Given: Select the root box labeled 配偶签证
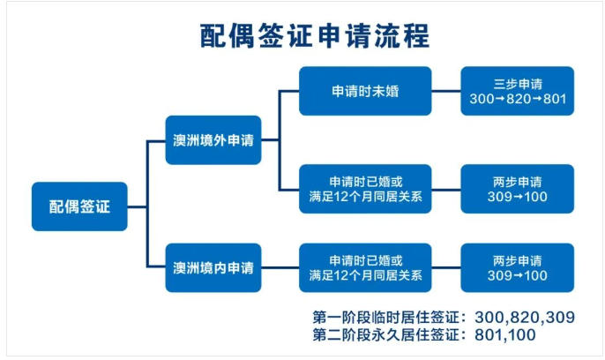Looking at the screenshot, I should click(x=80, y=206).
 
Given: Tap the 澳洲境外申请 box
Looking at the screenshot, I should click(x=213, y=139).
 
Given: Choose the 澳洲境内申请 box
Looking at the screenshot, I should click(x=213, y=266).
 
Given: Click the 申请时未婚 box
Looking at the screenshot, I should click(x=365, y=91).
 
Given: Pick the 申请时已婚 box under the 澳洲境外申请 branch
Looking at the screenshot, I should click(x=365, y=188).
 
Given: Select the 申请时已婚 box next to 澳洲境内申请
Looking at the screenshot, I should click(x=365, y=267).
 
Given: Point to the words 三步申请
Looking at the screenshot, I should click(x=517, y=84).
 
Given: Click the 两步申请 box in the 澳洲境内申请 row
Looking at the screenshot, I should click(x=517, y=267).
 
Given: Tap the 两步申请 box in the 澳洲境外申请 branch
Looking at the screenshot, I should click(x=517, y=188).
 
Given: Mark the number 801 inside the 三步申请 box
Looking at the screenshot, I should click(x=553, y=99).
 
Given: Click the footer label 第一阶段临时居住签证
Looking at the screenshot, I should click(x=388, y=317).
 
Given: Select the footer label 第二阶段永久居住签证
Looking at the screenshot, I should click(x=388, y=335).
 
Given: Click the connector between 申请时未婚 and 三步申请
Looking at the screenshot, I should click(x=446, y=91).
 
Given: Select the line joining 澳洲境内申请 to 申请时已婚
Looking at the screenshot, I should click(x=280, y=267).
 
